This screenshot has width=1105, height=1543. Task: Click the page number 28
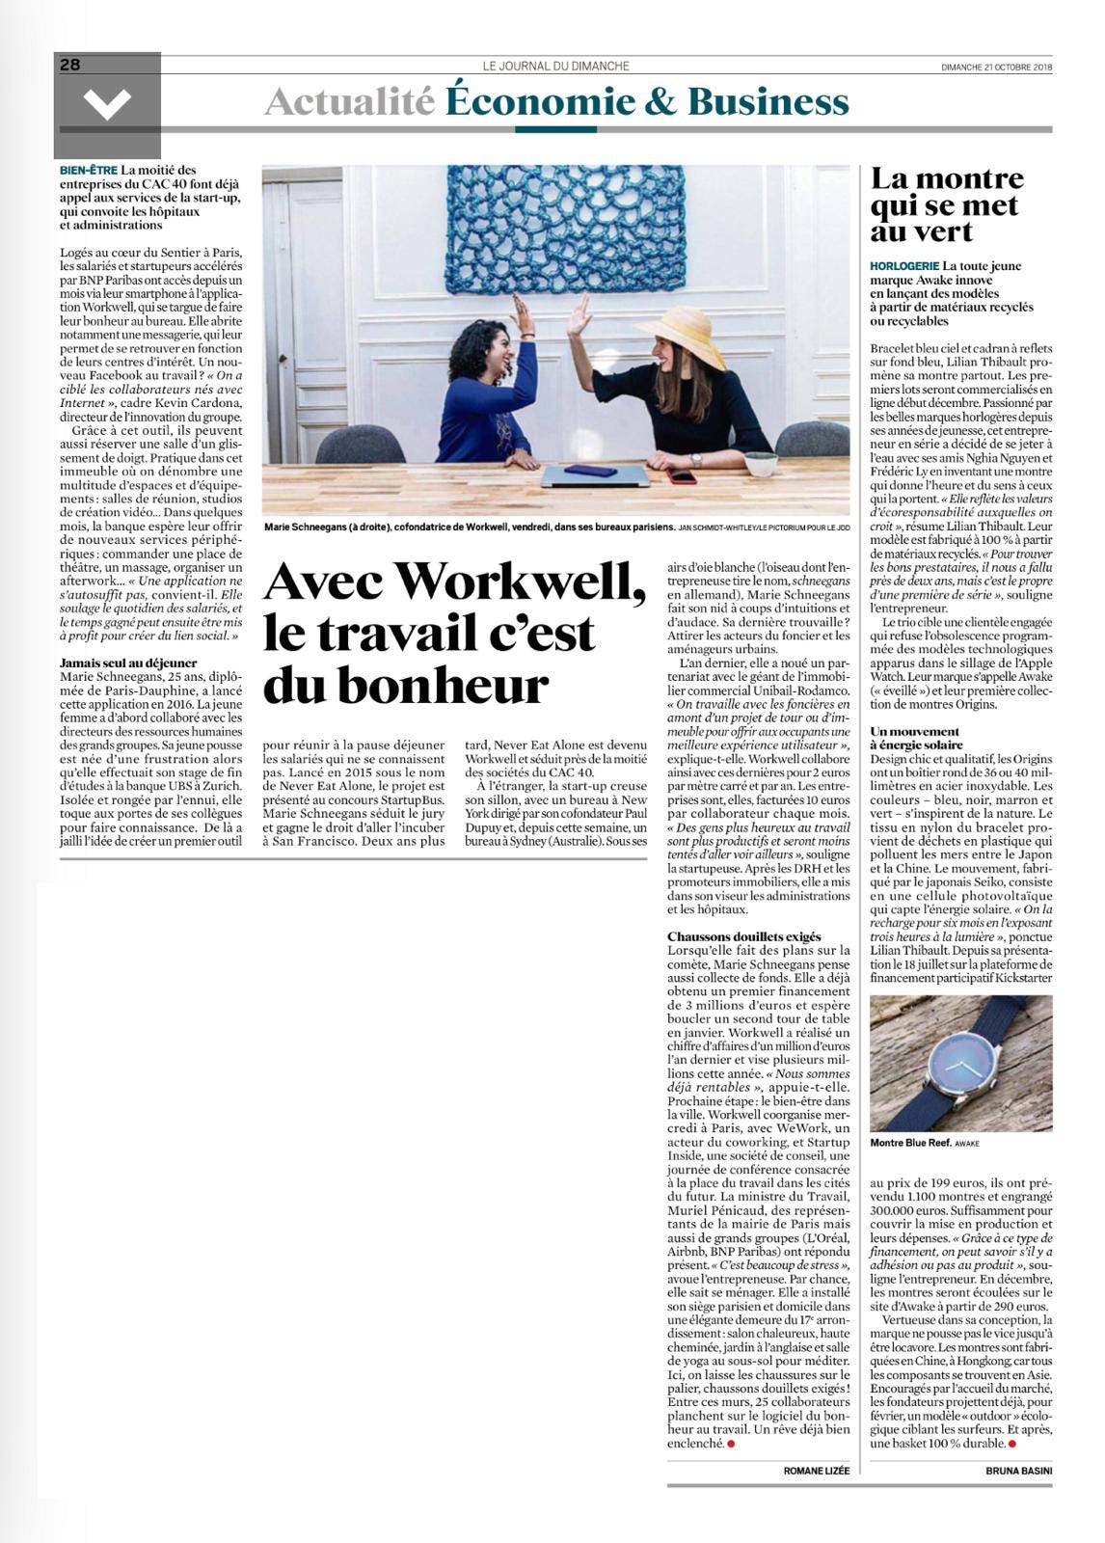(x=71, y=65)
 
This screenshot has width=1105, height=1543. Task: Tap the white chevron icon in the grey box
(x=107, y=102)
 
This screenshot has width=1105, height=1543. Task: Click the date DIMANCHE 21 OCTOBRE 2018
(x=997, y=68)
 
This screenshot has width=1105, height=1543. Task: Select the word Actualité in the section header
(x=349, y=102)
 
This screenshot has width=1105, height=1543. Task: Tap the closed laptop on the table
(x=595, y=474)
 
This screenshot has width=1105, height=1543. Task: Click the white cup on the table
(x=761, y=464)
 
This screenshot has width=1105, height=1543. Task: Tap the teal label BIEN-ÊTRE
(x=88, y=171)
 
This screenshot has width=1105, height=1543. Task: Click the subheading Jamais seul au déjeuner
(x=128, y=663)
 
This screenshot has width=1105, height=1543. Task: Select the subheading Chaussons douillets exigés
(x=744, y=936)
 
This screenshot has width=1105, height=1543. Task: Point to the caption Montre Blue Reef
(x=909, y=1143)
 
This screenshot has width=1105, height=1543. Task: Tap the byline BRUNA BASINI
(x=1019, y=1471)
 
